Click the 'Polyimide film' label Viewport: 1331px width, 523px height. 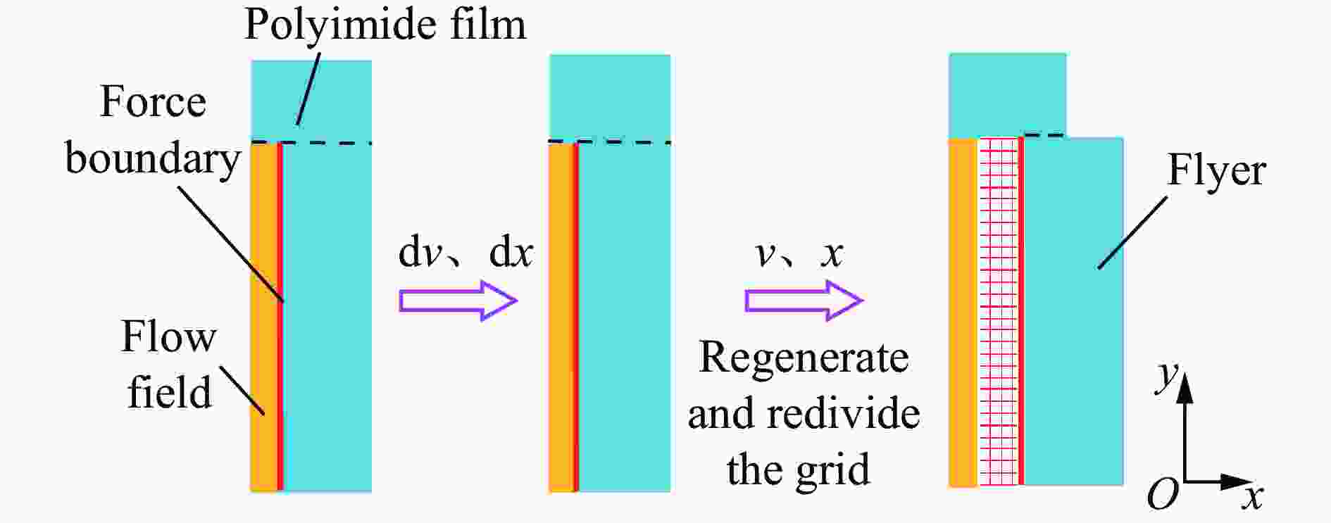(385, 25)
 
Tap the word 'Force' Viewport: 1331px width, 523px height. (153, 101)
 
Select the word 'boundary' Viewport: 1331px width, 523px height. (153, 159)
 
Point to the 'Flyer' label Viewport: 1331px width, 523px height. (1216, 171)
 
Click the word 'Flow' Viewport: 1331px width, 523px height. (168, 336)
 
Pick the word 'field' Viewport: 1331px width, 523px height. (169, 391)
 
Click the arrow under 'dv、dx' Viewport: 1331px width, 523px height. (458, 301)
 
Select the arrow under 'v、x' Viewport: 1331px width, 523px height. (804, 301)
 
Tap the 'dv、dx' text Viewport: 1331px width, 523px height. (465, 252)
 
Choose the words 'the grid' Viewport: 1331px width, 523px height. (798, 470)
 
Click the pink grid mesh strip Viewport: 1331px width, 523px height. (999, 311)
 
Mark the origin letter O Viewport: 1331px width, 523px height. (1163, 494)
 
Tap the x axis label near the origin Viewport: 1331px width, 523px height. (1251, 497)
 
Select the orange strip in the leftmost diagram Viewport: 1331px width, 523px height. (264, 317)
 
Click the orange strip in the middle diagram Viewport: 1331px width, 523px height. (561, 317)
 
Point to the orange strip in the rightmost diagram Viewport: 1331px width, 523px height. (963, 312)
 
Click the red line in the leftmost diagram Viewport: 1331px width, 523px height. (280, 317)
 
